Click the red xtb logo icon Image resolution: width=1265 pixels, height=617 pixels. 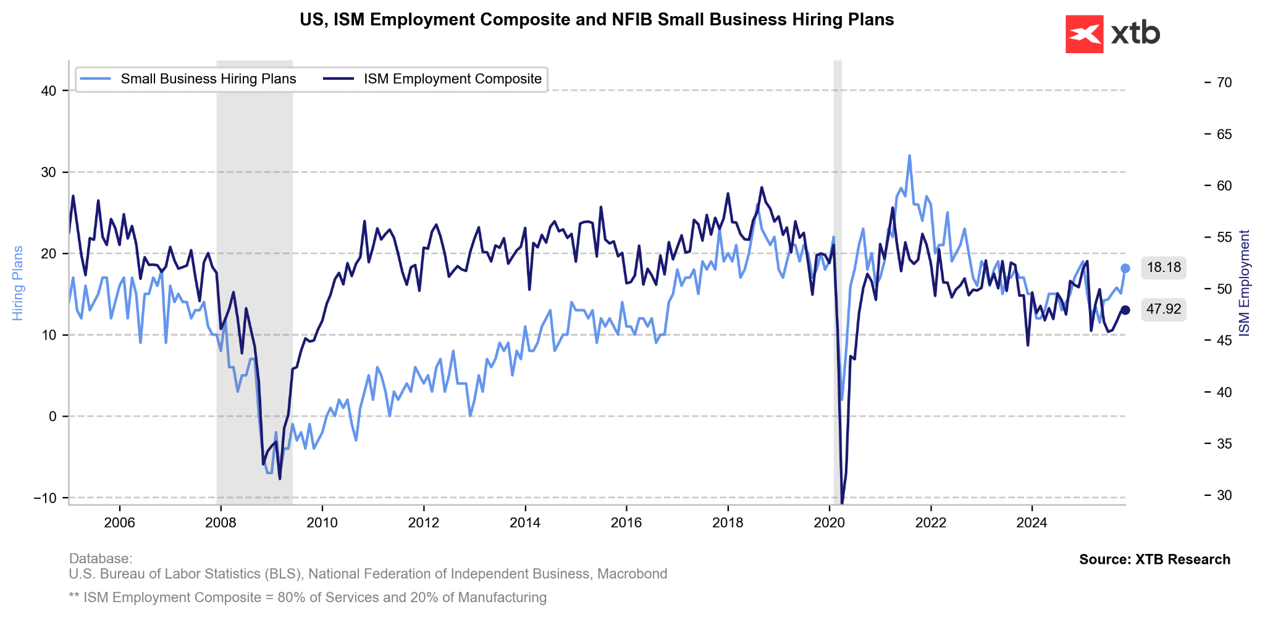coord(1084,34)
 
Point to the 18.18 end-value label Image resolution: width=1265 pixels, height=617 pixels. coord(1163,268)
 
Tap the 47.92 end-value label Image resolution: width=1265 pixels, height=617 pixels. coord(1163,309)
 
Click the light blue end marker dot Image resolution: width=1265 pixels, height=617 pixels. coord(1125,268)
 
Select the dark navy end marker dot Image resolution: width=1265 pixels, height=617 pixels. coord(1125,310)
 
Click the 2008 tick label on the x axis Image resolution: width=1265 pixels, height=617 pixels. coord(221,523)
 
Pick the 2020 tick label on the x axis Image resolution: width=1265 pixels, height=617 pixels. coord(829,523)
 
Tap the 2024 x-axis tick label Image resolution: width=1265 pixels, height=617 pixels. coord(1032,523)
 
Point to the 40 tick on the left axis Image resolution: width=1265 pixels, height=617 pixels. coord(49,91)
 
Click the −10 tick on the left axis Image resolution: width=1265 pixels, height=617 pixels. coord(44,498)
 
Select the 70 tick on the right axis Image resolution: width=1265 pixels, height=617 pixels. coord(1223,83)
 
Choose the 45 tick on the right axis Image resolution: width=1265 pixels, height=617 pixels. coord(1223,341)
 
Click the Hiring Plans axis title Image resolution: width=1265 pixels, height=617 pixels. coord(18,283)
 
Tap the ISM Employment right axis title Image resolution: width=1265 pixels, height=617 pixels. coord(1245,283)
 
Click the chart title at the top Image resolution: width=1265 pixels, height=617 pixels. coord(597,20)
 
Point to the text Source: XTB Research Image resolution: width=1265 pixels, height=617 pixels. coord(1154,560)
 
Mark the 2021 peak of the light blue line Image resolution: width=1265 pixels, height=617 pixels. coord(909,156)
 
